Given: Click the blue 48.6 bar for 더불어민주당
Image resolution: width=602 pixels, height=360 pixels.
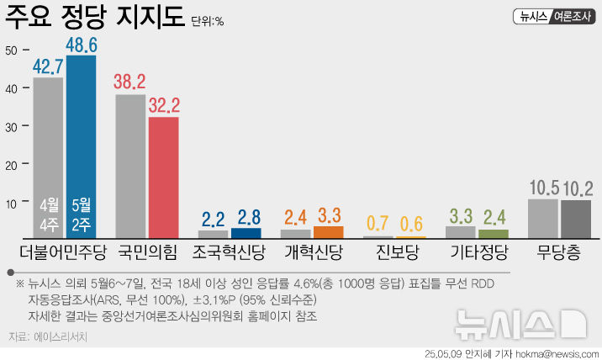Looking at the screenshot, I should click(81, 143).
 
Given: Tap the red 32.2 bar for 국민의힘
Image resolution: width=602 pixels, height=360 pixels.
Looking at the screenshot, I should click(163, 177).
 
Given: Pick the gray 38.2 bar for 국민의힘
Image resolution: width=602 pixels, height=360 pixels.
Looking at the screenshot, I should click(130, 165).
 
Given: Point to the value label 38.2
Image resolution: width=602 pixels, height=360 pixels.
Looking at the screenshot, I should click(130, 82).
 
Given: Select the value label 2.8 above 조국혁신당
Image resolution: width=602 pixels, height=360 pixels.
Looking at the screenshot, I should click(246, 218).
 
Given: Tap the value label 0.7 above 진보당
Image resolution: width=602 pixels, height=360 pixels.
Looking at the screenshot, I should click(378, 224).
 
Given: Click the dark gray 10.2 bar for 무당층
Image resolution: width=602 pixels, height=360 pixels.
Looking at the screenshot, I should click(575, 219).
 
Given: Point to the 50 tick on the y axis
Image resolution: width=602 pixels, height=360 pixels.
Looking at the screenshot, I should click(11, 50).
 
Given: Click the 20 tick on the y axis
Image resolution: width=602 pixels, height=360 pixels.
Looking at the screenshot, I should click(11, 165).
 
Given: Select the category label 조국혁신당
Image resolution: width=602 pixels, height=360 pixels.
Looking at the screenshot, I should click(230, 251).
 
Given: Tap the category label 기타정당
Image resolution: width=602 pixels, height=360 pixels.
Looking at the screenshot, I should click(477, 251).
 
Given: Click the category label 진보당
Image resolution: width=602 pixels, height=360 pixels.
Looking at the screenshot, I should click(394, 251).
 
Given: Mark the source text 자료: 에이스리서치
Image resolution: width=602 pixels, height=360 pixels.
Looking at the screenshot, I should click(48, 336).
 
